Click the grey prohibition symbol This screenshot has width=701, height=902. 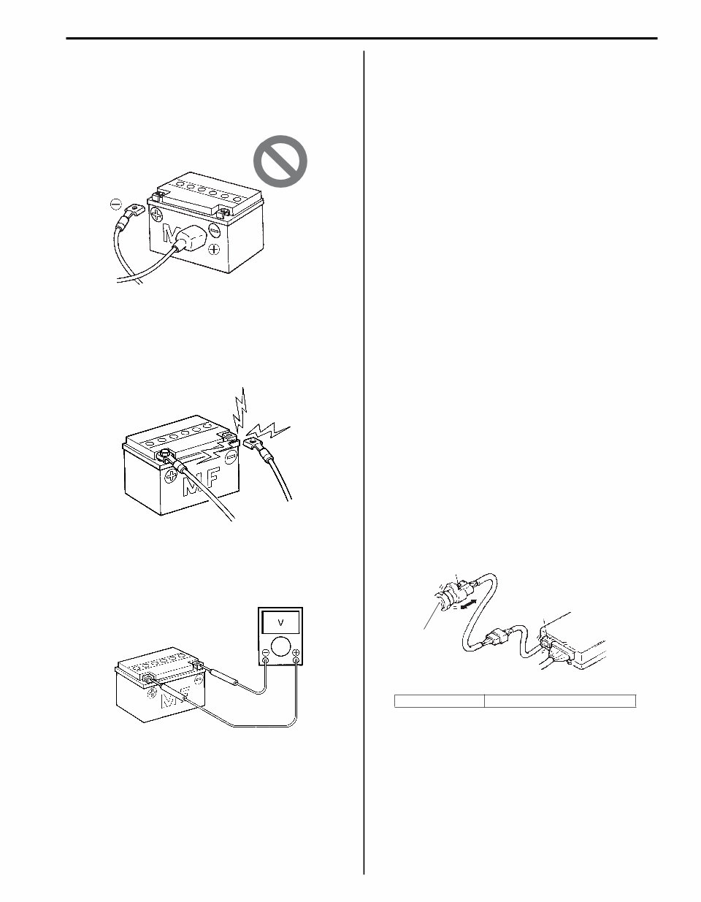[280, 161]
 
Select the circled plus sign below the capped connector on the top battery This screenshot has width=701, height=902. [214, 250]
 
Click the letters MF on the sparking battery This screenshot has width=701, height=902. [201, 482]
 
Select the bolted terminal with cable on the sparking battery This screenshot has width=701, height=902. [166, 456]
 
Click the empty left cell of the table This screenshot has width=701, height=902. [439, 701]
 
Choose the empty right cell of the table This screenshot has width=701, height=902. [560, 701]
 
